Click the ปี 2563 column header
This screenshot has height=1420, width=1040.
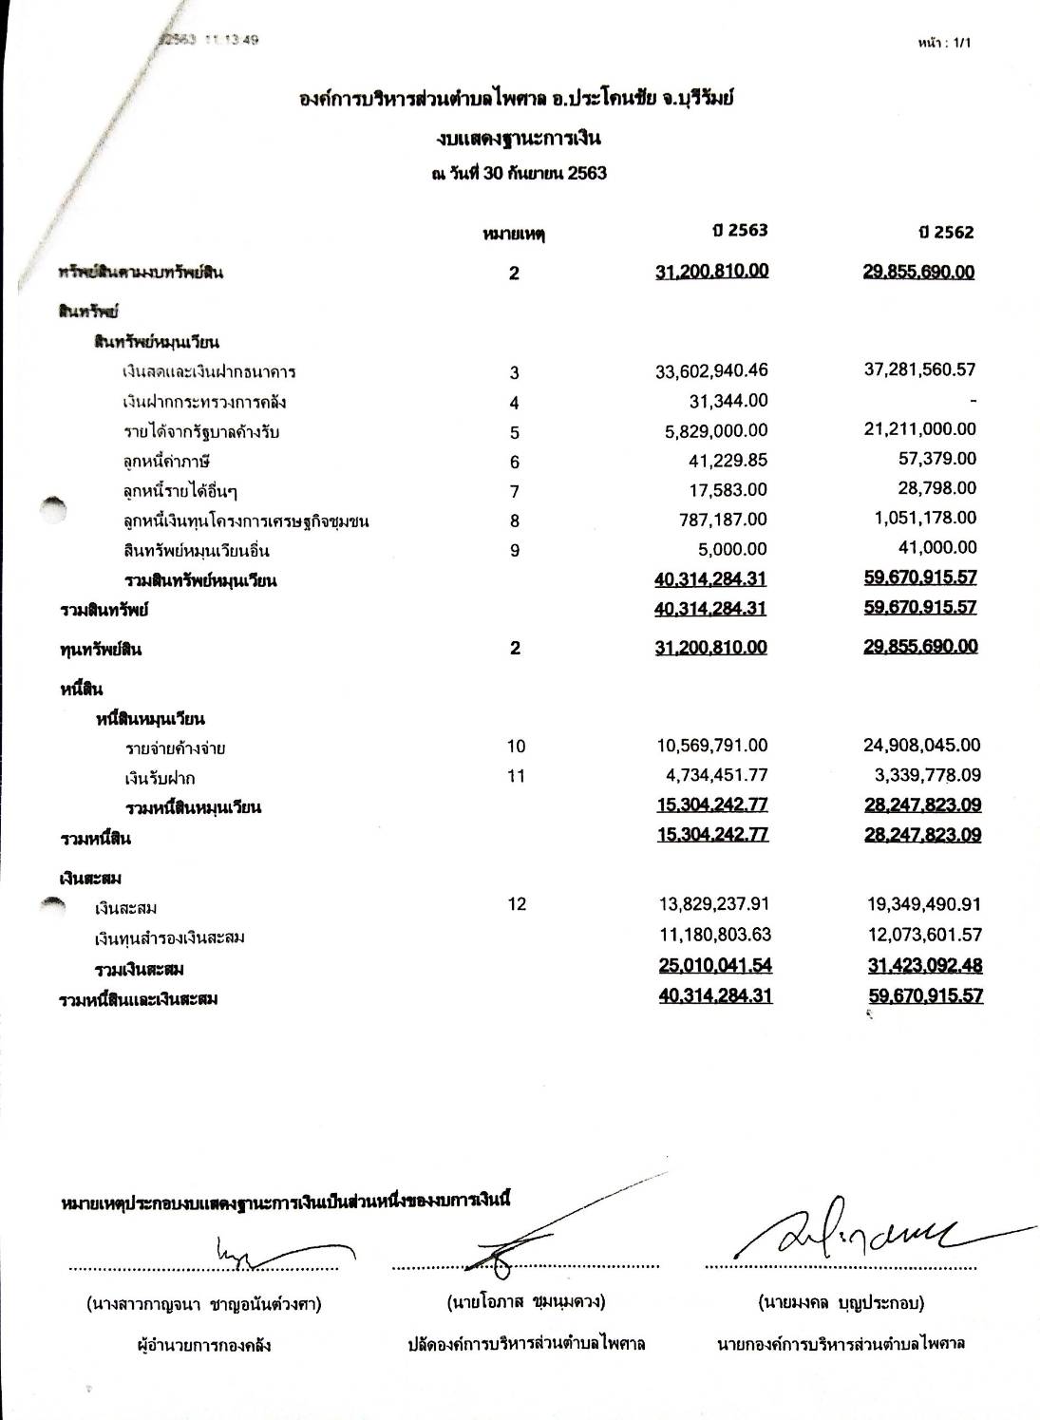(742, 231)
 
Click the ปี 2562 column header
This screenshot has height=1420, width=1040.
(947, 233)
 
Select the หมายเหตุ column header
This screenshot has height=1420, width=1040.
(514, 234)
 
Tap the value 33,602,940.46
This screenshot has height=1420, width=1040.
(711, 371)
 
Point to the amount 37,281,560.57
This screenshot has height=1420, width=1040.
(919, 369)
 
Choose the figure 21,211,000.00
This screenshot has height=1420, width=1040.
(919, 429)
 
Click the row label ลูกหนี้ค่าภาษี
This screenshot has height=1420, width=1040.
(166, 462)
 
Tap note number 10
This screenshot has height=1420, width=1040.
(515, 747)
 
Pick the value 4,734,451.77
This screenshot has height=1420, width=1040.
(716, 776)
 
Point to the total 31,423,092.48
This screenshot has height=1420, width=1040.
(924, 966)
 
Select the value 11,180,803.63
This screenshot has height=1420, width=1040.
(714, 936)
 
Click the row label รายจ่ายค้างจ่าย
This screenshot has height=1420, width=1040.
(175, 748)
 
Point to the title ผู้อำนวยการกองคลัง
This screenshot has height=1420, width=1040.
(204, 1345)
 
